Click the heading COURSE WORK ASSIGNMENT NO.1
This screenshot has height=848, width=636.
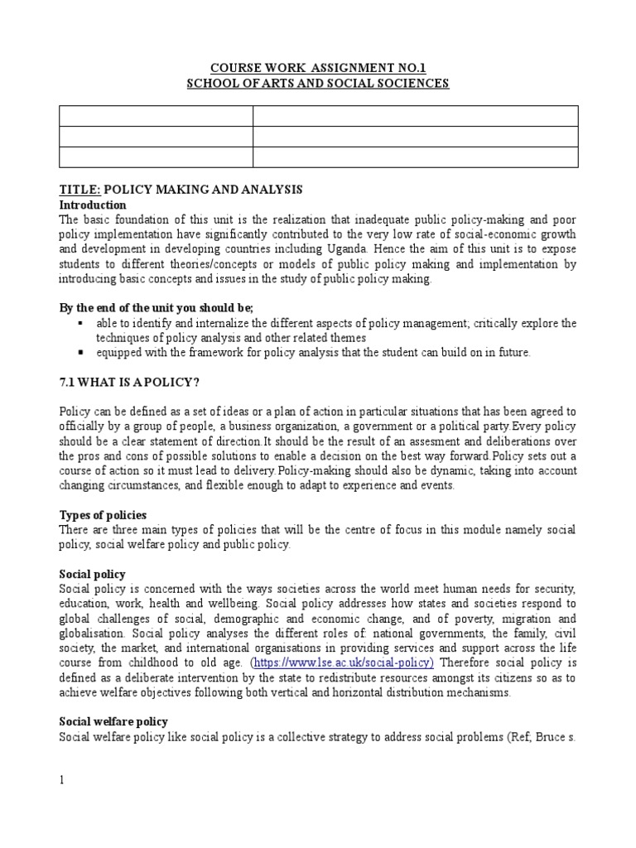(x=318, y=68)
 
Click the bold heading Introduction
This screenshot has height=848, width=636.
(x=93, y=205)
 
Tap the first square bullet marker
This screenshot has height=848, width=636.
(x=79, y=323)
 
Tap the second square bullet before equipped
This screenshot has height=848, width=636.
(x=79, y=353)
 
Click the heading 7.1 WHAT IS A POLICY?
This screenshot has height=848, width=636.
(x=130, y=383)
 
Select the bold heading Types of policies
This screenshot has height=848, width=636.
(x=104, y=515)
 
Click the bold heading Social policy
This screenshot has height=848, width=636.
(x=92, y=573)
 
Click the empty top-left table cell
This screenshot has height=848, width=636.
(x=156, y=116)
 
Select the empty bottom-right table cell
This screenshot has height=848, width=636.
(x=415, y=157)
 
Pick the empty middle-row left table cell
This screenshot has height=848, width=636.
(x=156, y=137)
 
